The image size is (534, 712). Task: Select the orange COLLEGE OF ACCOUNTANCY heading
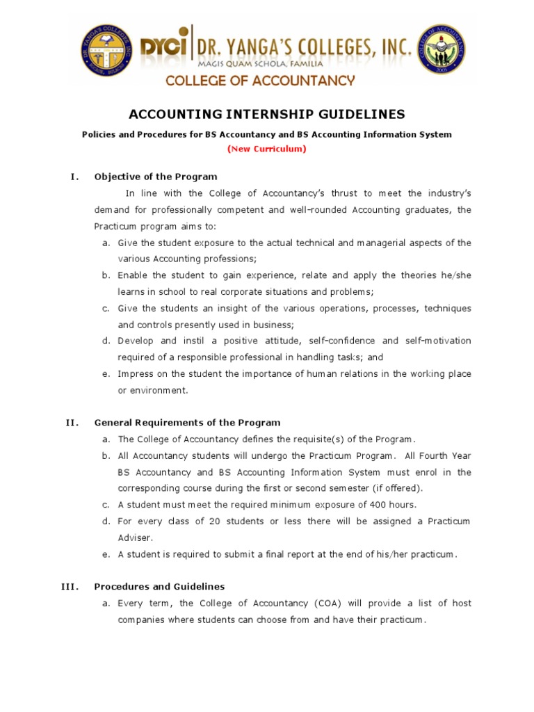click(259, 81)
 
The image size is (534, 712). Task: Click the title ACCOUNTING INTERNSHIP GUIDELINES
click(267, 114)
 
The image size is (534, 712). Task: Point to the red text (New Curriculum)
click(266, 148)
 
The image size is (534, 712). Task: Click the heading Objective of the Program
click(156, 177)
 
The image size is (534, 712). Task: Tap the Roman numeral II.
click(72, 422)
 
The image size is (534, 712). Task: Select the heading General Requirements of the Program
click(187, 422)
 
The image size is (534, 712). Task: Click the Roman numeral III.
click(70, 586)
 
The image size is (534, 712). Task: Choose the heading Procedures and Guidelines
click(159, 586)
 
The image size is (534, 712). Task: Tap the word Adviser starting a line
click(134, 537)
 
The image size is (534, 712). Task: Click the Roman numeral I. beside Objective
click(74, 177)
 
